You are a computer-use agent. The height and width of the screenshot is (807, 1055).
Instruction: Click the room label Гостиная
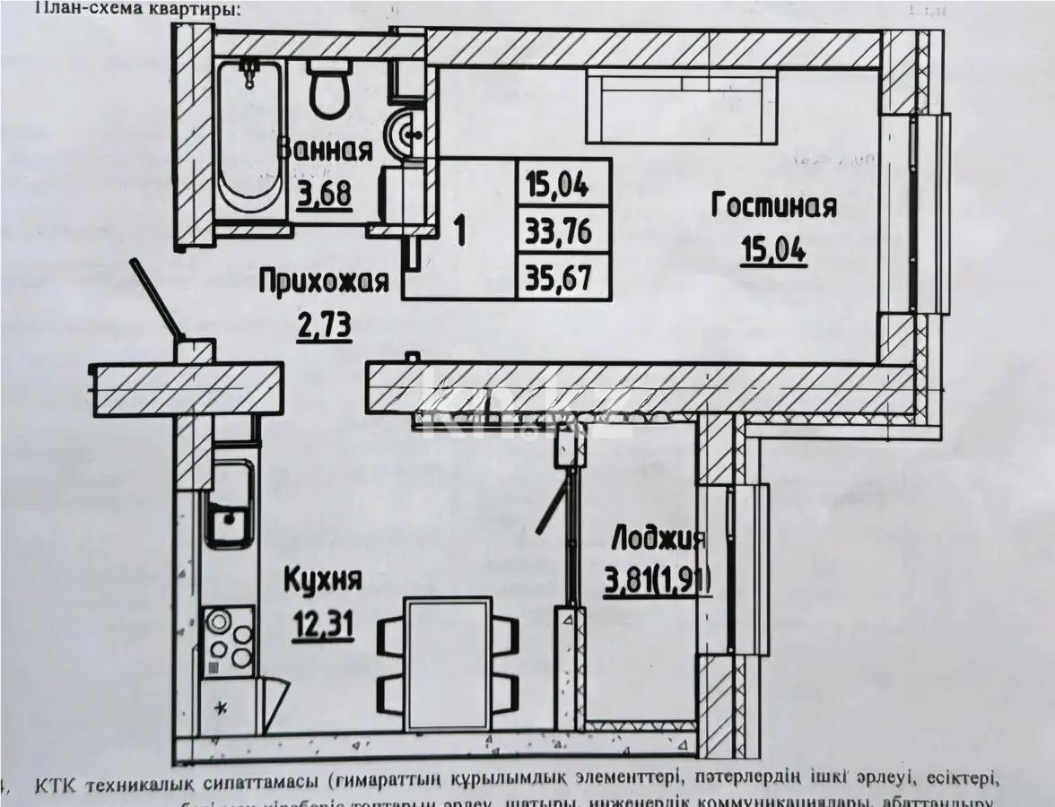773,206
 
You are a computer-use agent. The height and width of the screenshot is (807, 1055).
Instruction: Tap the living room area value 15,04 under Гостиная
773,249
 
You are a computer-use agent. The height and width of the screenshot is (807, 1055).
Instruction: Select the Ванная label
325,150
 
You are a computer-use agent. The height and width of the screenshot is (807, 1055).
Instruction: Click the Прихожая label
324,282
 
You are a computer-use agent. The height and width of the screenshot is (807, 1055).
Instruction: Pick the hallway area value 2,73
324,324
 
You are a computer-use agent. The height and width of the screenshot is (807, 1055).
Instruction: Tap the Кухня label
323,580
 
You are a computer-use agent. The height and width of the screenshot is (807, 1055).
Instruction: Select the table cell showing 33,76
565,230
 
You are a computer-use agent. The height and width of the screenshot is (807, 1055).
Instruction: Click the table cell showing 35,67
565,275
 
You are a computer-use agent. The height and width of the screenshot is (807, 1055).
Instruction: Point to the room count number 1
459,230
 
